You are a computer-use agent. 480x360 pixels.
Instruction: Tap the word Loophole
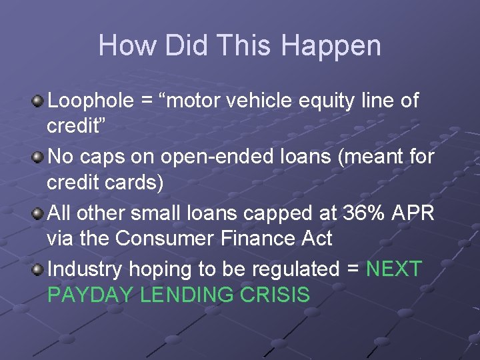click(92, 101)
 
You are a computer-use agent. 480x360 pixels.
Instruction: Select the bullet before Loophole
click(38, 101)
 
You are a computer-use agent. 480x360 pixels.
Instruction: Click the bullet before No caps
click(38, 157)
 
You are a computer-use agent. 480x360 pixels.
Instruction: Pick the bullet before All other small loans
click(38, 213)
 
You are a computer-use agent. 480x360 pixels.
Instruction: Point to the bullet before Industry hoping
click(38, 269)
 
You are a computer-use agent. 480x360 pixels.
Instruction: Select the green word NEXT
click(394, 269)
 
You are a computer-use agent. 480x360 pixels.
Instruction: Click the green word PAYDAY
click(91, 295)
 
